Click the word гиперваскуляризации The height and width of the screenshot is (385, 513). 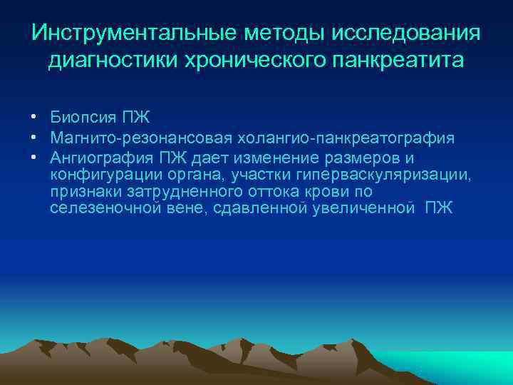pos(395,175)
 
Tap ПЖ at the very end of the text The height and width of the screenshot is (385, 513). pos(438,210)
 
